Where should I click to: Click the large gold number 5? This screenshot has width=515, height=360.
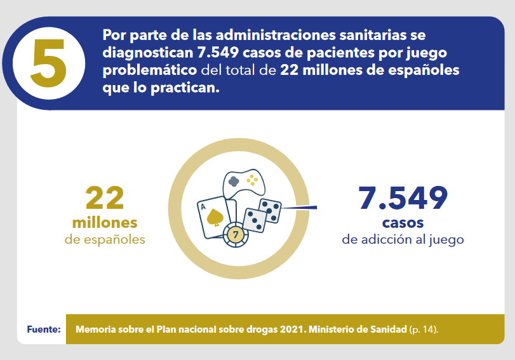pos(49,63)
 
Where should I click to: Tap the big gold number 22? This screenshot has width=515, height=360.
pos(105,197)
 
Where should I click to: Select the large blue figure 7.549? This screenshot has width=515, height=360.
pos(403,197)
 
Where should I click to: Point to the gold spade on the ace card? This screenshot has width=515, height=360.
pos(215,217)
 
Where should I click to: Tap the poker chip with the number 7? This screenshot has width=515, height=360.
pos(236,234)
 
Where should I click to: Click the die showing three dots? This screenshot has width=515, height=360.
pos(255,220)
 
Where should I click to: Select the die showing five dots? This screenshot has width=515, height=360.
pos(270,211)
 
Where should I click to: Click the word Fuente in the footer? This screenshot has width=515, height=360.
pos(44,330)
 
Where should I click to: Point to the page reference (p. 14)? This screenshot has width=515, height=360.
pos(424,330)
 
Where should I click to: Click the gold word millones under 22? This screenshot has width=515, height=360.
pos(105,223)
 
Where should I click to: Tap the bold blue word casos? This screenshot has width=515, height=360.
pos(403,223)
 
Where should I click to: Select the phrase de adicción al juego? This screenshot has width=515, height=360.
pos(403,240)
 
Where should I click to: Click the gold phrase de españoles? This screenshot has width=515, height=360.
pos(105,240)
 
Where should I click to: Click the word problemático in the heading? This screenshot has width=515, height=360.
pos(150,70)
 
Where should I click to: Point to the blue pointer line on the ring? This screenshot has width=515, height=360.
pos(299,208)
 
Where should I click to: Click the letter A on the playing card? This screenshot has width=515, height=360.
pos(203,207)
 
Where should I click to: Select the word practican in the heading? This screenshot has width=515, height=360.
pos(185,88)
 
